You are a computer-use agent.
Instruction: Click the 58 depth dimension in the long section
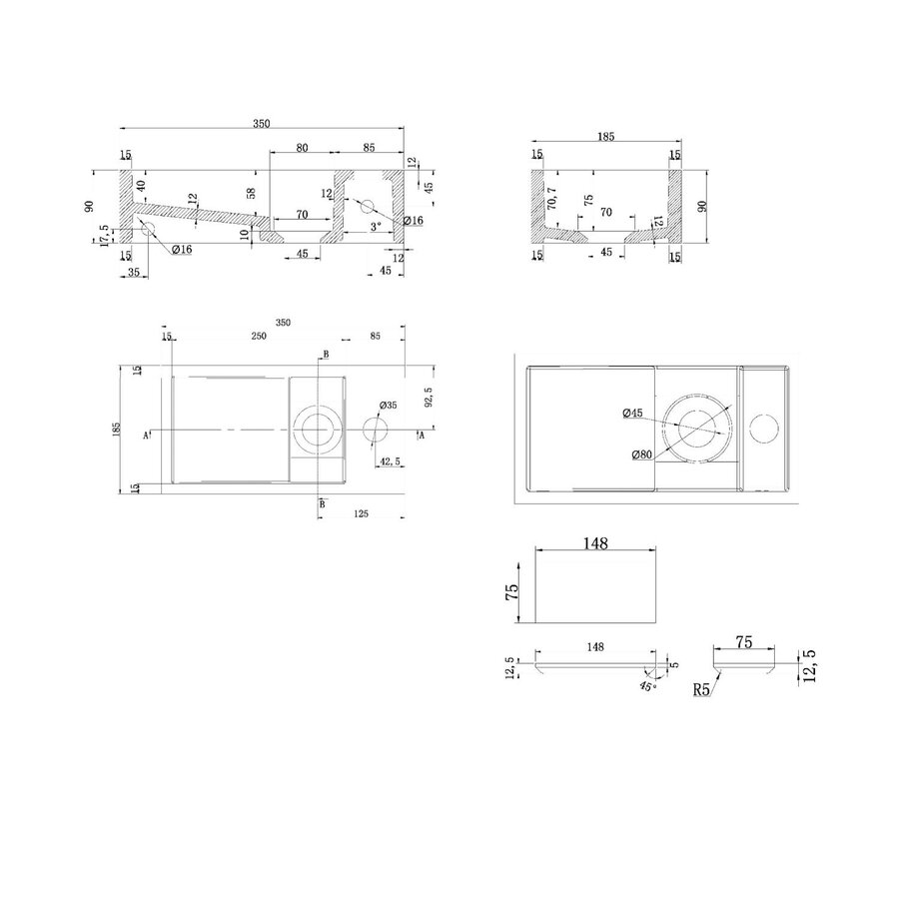pos(252,192)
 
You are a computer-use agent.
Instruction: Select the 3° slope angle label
pos(375,228)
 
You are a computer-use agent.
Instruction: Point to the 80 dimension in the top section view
pos(302,148)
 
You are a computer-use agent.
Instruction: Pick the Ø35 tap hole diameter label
pos(389,405)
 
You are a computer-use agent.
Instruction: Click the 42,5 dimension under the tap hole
pos(393,460)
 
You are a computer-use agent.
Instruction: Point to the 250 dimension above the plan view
pos(258,337)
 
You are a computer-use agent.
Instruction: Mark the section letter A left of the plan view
pos(147,436)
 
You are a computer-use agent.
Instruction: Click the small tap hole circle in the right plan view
pos(765,431)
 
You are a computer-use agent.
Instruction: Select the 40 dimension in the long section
pos(141,186)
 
